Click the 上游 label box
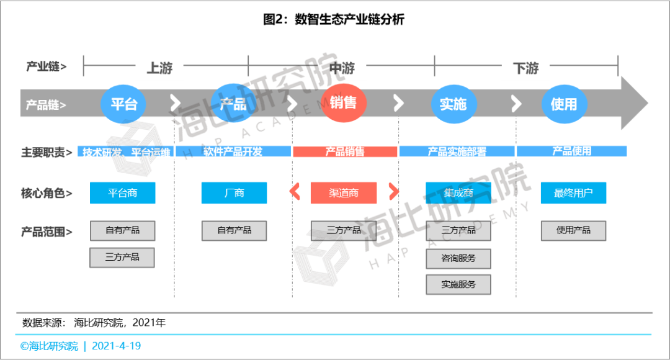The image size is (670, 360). [x=159, y=68]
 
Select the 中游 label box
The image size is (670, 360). [x=342, y=68]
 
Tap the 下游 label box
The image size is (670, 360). [x=525, y=68]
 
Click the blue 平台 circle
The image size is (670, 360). [x=123, y=104]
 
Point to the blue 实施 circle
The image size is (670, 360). [x=453, y=104]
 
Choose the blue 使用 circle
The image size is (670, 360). [x=564, y=104]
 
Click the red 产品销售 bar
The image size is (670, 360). [x=345, y=151]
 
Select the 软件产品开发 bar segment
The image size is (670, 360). [x=233, y=151]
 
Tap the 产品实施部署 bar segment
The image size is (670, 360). [x=457, y=151]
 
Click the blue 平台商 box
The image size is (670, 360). [x=123, y=193]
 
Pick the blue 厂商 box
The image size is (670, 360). [x=234, y=193]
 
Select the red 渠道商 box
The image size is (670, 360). [x=344, y=193]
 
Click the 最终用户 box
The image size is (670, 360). [x=573, y=193]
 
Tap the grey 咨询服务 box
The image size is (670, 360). [x=458, y=258]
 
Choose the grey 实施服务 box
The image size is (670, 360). [x=458, y=284]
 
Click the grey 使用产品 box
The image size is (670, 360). [x=573, y=230]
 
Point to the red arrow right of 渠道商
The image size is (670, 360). [x=393, y=192]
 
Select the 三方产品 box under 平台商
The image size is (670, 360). [x=122, y=257]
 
